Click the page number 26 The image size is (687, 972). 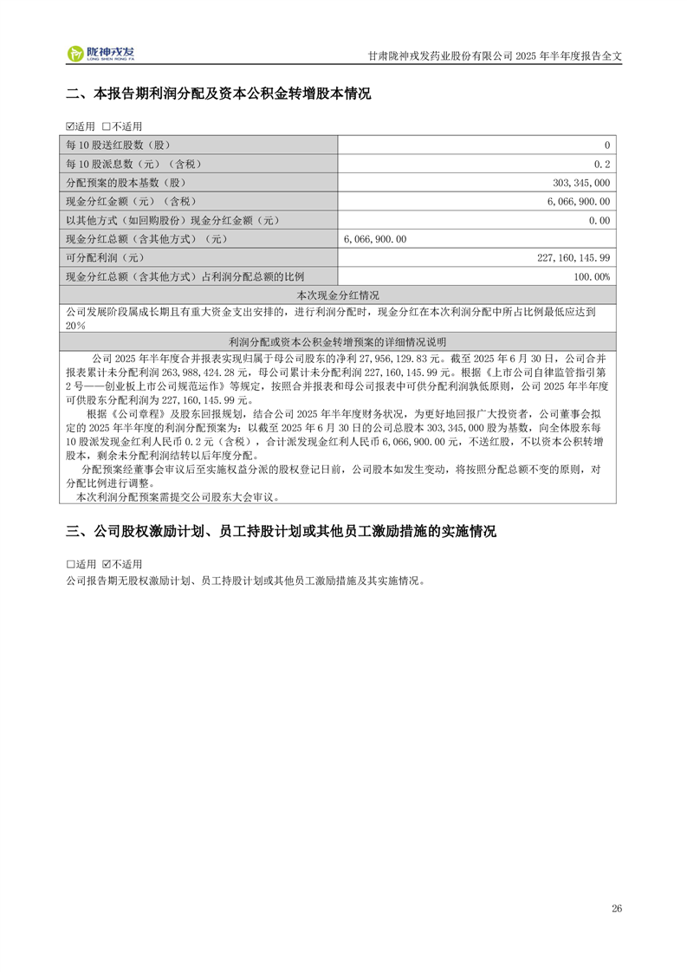click(616, 909)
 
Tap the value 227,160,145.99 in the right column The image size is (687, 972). click(574, 257)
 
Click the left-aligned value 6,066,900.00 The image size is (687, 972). click(375, 238)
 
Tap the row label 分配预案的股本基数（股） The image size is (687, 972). click(126, 183)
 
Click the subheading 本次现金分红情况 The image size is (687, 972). click(338, 295)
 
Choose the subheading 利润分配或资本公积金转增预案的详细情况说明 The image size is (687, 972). click(338, 341)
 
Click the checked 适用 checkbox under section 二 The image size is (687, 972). click(70, 126)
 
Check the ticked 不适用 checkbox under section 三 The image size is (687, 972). click(107, 562)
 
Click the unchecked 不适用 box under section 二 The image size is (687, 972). click(107, 126)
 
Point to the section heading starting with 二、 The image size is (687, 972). click(218, 94)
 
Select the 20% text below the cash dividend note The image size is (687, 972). click(75, 325)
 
